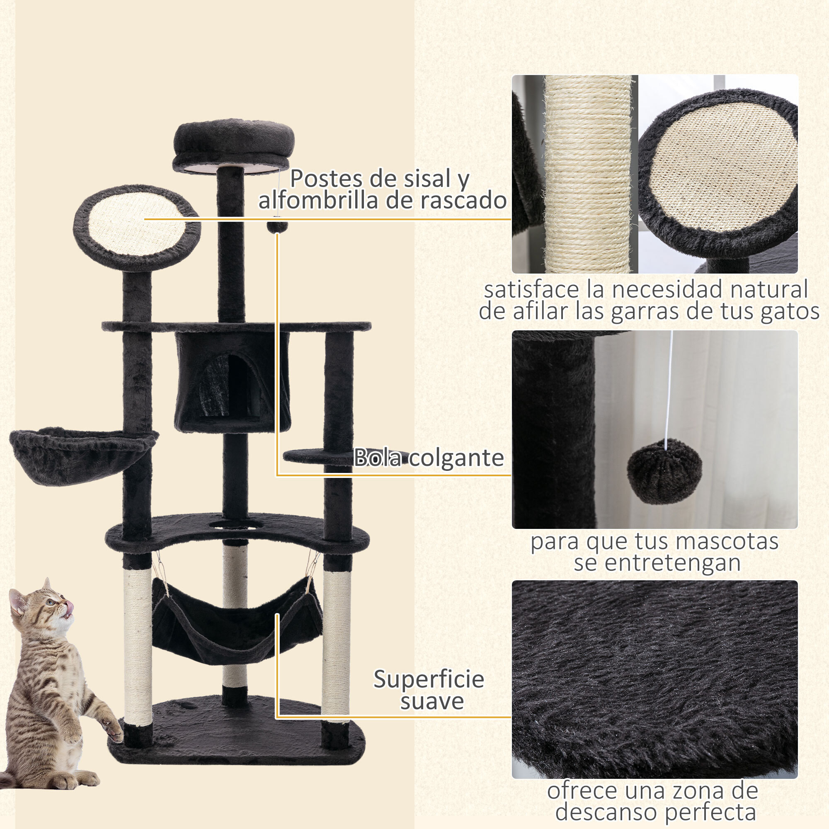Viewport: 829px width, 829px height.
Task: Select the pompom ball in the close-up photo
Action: tap(664, 471)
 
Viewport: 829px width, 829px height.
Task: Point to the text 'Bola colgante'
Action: tap(428, 458)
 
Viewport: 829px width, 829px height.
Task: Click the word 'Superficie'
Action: tap(428, 679)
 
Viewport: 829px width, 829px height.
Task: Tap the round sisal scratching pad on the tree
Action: tap(136, 227)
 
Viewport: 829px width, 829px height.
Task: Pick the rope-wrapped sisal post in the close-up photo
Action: tap(588, 174)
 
